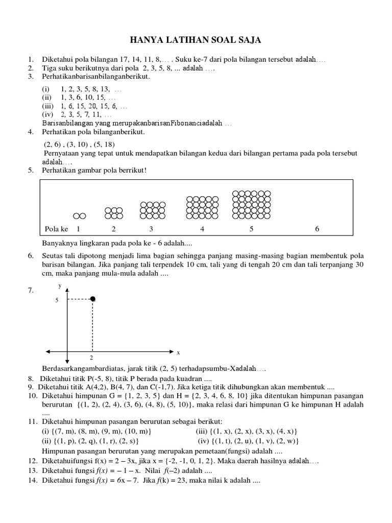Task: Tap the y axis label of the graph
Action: [60, 286]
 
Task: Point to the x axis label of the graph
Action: [179, 352]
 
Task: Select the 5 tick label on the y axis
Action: [57, 300]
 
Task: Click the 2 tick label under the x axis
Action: [91, 359]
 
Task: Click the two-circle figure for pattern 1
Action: [79, 216]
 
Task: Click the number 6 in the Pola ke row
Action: [317, 229]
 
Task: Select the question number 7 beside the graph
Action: [31, 291]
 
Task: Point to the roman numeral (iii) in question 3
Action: [47, 106]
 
